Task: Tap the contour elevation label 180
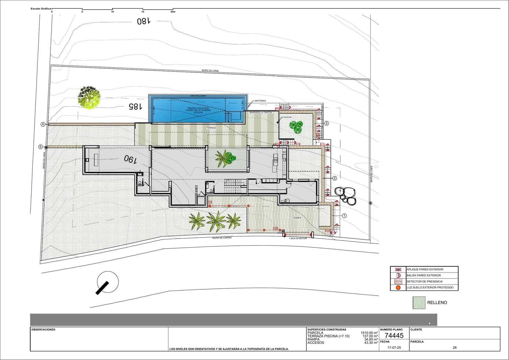(143, 21)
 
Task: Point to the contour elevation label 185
(135, 107)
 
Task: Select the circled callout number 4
(43, 124)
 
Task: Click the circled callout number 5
(40, 147)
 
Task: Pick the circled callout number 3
(326, 123)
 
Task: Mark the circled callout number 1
(344, 215)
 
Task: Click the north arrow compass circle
(108, 282)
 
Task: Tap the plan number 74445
(394, 335)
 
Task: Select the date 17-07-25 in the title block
(394, 348)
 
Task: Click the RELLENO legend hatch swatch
(419, 303)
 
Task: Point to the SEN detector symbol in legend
(398, 281)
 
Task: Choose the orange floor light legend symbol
(398, 287)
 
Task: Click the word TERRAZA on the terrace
(211, 128)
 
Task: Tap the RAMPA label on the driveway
(297, 218)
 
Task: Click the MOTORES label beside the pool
(260, 101)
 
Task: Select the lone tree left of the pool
(89, 97)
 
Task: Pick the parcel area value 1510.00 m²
(369, 333)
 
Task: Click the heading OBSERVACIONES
(43, 330)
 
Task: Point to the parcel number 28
(454, 348)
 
